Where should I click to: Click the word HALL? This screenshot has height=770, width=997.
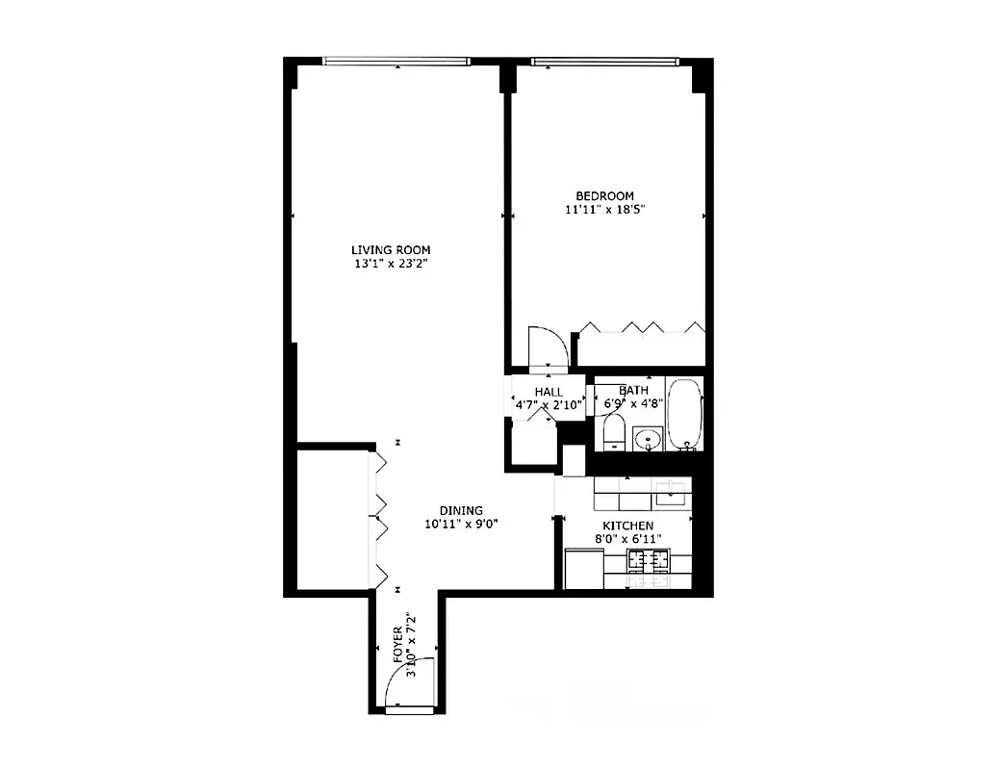pyautogui.click(x=549, y=392)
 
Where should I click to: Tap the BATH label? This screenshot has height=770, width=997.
pyautogui.click(x=633, y=391)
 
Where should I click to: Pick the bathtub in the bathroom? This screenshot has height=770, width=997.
pyautogui.click(x=686, y=415)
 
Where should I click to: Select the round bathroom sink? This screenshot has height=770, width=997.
pyautogui.click(x=649, y=441)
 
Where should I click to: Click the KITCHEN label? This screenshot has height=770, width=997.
pyautogui.click(x=627, y=526)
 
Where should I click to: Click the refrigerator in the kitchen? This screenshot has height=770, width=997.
pyautogui.click(x=582, y=568)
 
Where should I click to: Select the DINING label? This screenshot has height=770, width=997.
pyautogui.click(x=461, y=511)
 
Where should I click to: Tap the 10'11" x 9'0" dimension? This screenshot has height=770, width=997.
pyautogui.click(x=461, y=525)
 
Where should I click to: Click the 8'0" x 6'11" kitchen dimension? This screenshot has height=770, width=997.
pyautogui.click(x=627, y=539)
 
